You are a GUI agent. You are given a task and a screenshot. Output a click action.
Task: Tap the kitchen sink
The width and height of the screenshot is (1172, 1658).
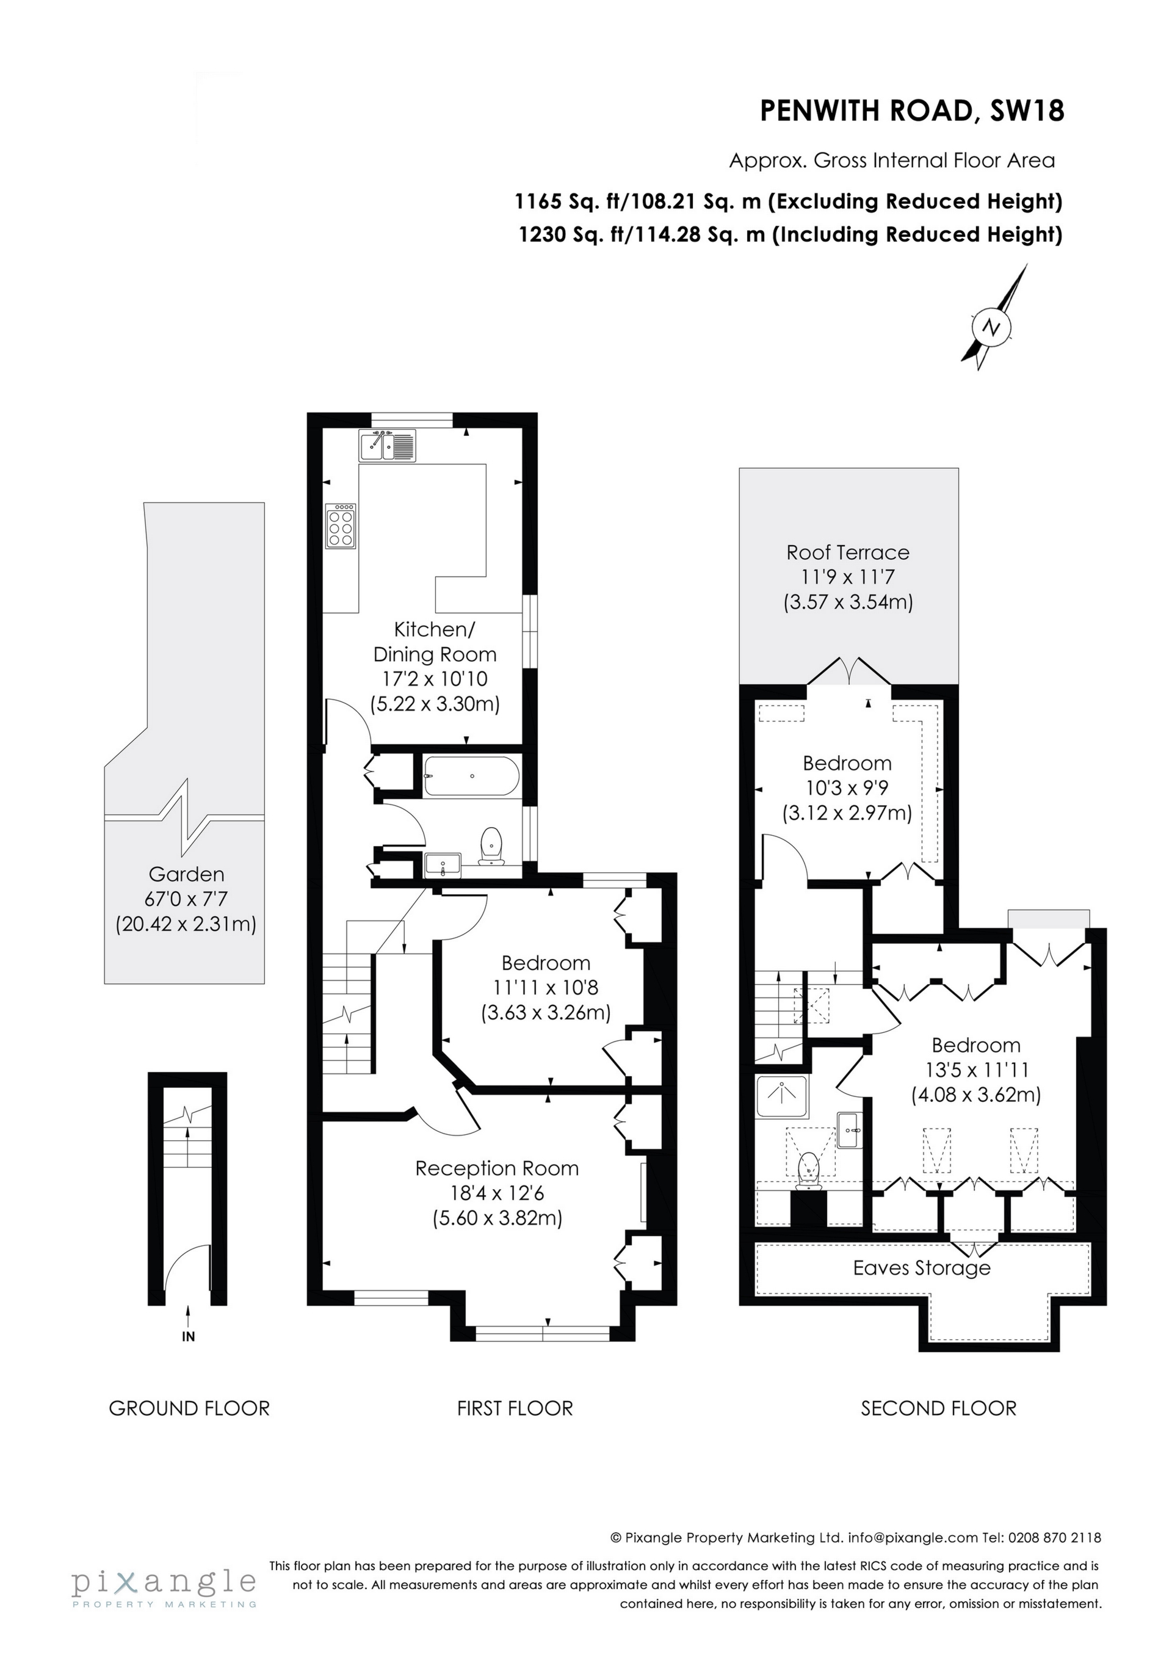(x=387, y=445)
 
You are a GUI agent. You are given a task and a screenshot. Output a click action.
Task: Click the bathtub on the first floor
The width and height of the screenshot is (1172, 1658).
(x=471, y=777)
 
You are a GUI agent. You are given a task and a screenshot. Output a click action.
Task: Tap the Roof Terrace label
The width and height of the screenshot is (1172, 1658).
(x=848, y=552)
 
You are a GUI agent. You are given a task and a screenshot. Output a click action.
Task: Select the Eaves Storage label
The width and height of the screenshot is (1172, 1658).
(x=922, y=1268)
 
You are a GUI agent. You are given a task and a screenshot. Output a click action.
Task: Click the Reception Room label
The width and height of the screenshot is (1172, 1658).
(x=497, y=1168)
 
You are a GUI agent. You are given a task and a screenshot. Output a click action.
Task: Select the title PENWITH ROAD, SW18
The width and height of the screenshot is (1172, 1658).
(x=912, y=111)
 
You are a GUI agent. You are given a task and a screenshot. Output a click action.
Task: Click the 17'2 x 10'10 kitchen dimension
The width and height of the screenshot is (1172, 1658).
(x=435, y=679)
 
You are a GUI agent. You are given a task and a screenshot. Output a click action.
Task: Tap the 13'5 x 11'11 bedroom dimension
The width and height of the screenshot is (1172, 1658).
(x=975, y=1070)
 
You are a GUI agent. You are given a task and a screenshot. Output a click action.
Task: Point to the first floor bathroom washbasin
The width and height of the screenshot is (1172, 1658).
(x=442, y=864)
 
